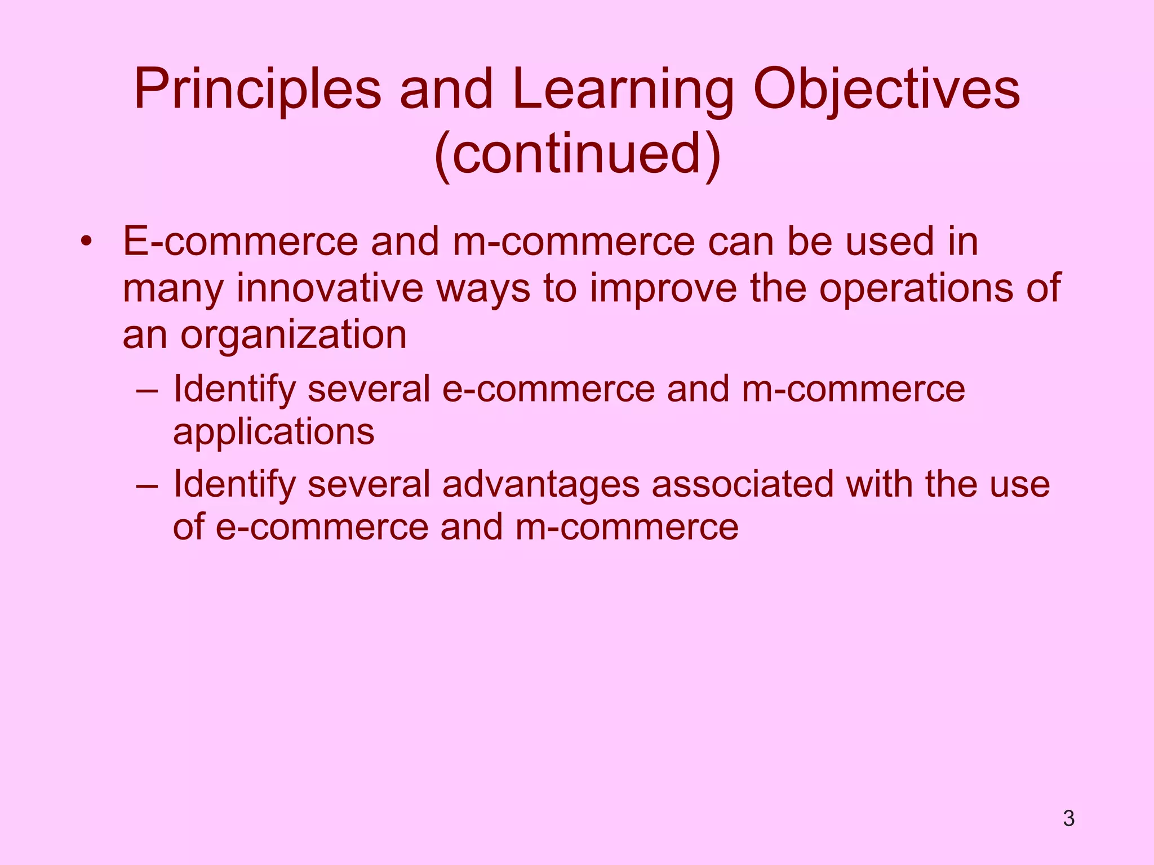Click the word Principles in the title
click(x=258, y=90)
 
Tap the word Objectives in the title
click(x=886, y=90)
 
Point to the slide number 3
click(x=1068, y=818)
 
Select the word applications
click(x=273, y=432)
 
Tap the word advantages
click(x=541, y=485)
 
